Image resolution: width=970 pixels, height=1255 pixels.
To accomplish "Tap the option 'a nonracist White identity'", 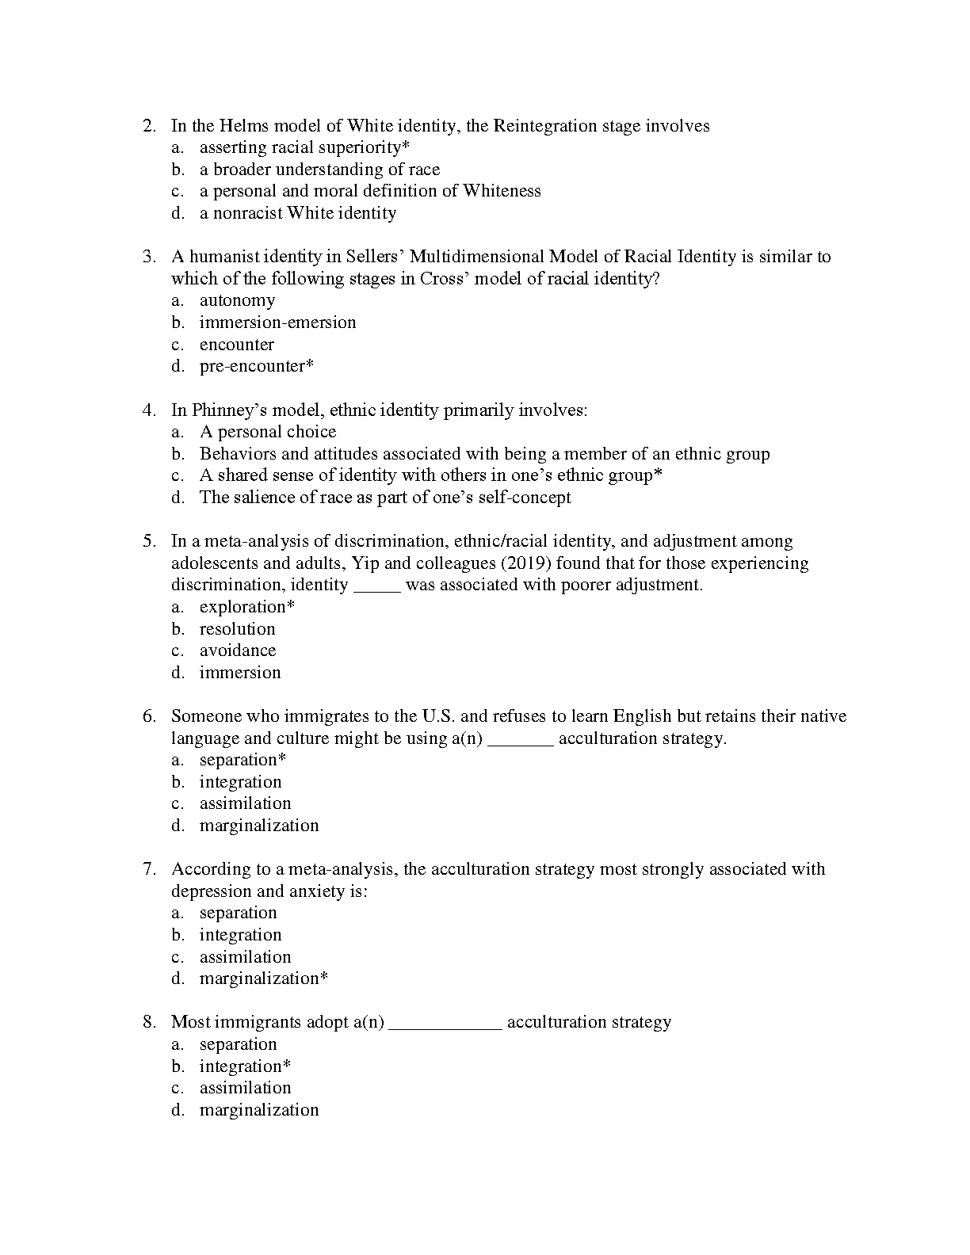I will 297,213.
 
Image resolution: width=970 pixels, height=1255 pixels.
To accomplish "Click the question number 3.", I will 148,257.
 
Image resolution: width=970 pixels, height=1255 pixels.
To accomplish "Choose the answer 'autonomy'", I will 237,300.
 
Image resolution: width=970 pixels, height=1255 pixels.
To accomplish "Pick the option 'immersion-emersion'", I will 277,322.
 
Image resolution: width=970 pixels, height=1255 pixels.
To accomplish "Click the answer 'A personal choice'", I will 268,432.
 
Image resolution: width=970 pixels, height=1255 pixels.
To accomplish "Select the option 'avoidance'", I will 238,650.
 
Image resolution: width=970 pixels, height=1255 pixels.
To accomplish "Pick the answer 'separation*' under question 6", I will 242,760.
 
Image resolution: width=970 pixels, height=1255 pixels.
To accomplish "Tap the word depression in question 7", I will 212,891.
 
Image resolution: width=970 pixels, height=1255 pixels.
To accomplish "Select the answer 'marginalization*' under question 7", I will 263,978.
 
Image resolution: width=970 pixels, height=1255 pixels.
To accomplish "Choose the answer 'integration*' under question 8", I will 245,1066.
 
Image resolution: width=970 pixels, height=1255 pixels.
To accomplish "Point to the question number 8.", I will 148,1022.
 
